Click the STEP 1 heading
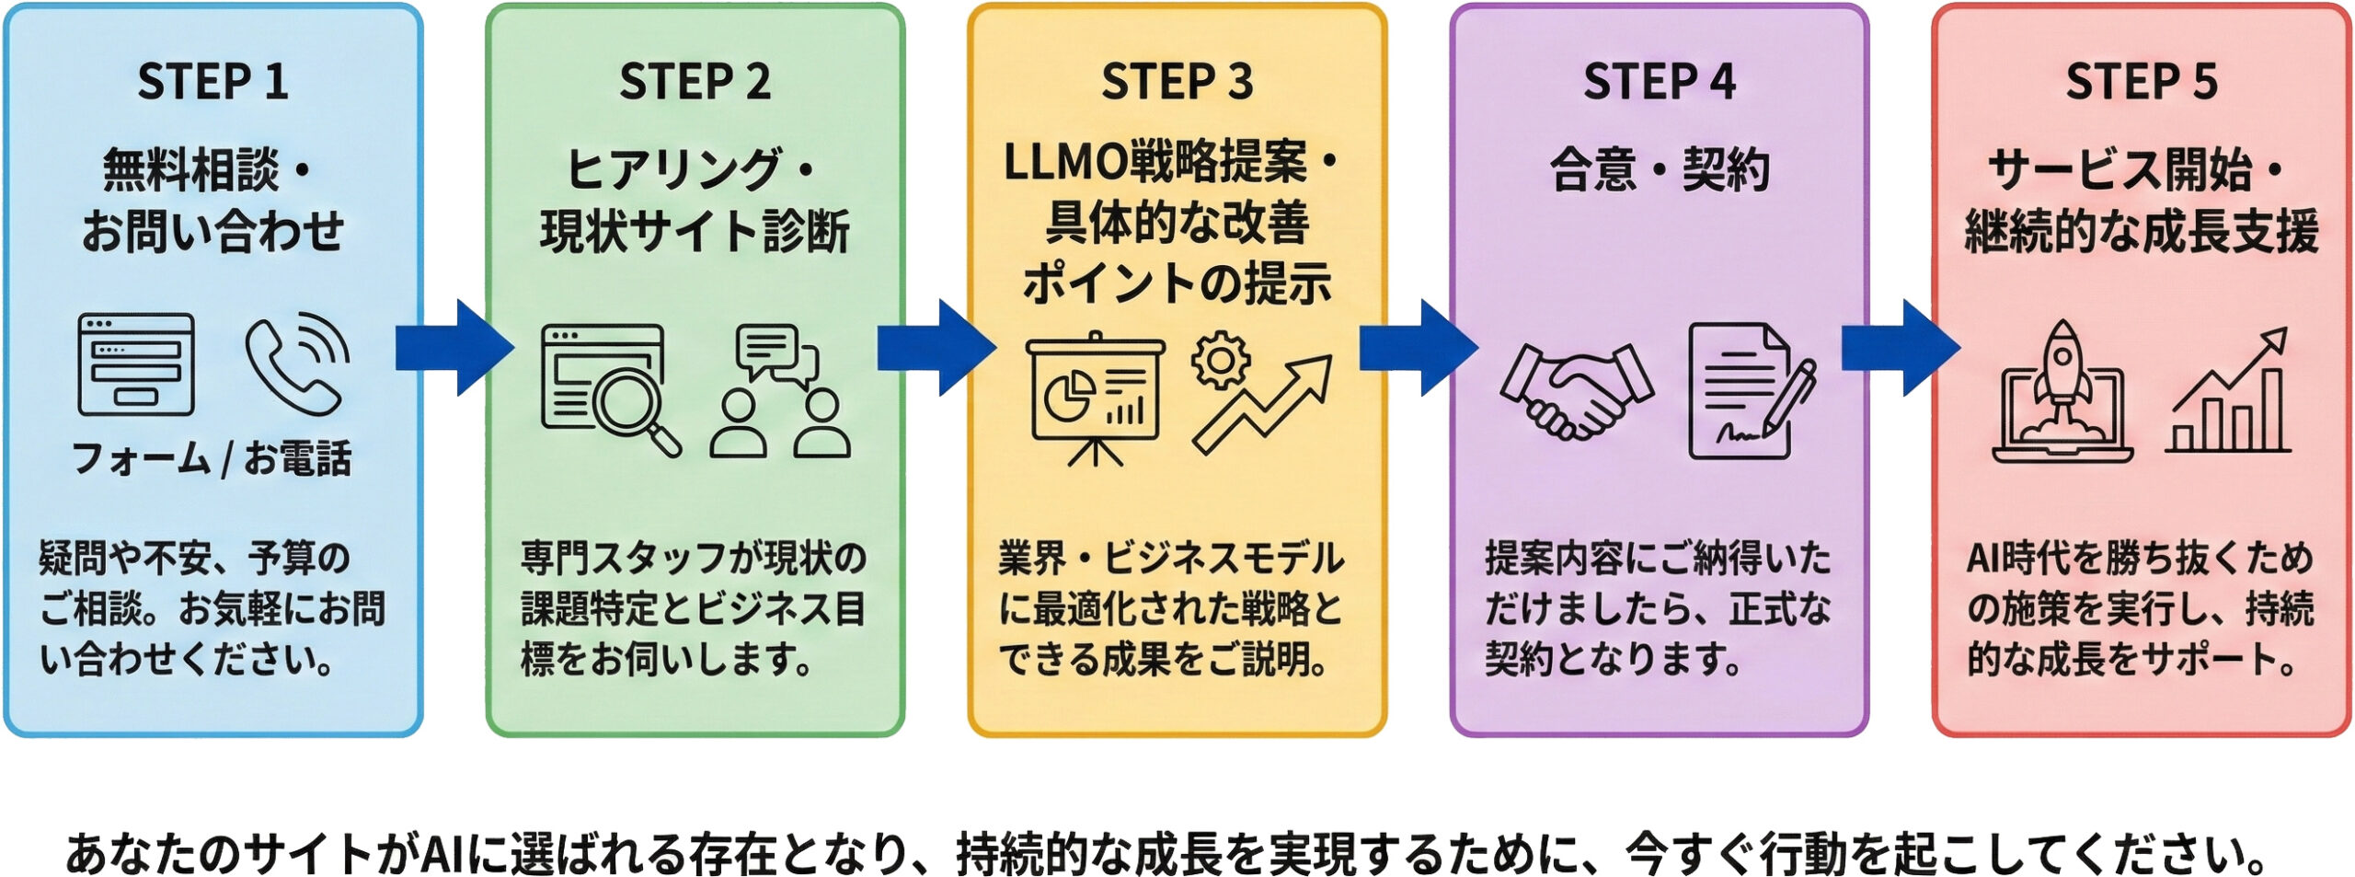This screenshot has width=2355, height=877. [x=213, y=81]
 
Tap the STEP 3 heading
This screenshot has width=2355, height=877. [x=1177, y=81]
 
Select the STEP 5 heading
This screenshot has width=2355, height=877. [x=2141, y=81]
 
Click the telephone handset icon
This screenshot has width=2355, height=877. [x=296, y=364]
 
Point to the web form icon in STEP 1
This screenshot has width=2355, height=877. [x=136, y=364]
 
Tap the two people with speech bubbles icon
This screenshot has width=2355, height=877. [x=780, y=391]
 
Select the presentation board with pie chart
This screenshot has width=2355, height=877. [x=1095, y=396]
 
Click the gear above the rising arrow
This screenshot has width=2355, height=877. [x=1221, y=361]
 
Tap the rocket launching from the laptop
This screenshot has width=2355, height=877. [x=2062, y=391]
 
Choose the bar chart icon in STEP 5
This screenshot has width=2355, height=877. [x=2228, y=396]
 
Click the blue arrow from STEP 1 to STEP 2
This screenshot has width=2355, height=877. [x=454, y=348]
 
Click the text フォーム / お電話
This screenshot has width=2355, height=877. [x=213, y=458]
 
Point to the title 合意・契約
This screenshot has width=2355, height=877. [x=1659, y=170]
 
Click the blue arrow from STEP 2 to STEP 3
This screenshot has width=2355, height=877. [x=936, y=348]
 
